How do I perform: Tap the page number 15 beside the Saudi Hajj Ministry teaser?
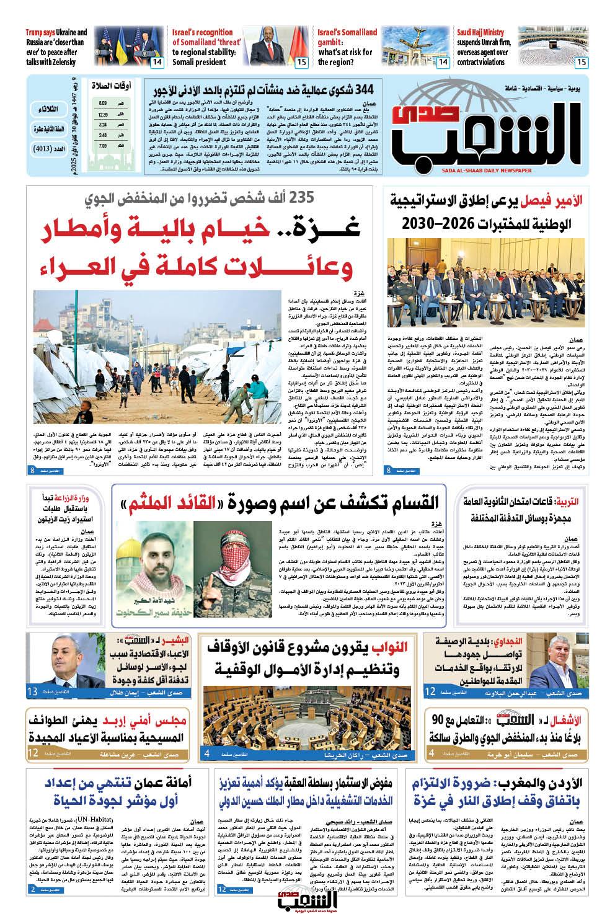tap(581, 62)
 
